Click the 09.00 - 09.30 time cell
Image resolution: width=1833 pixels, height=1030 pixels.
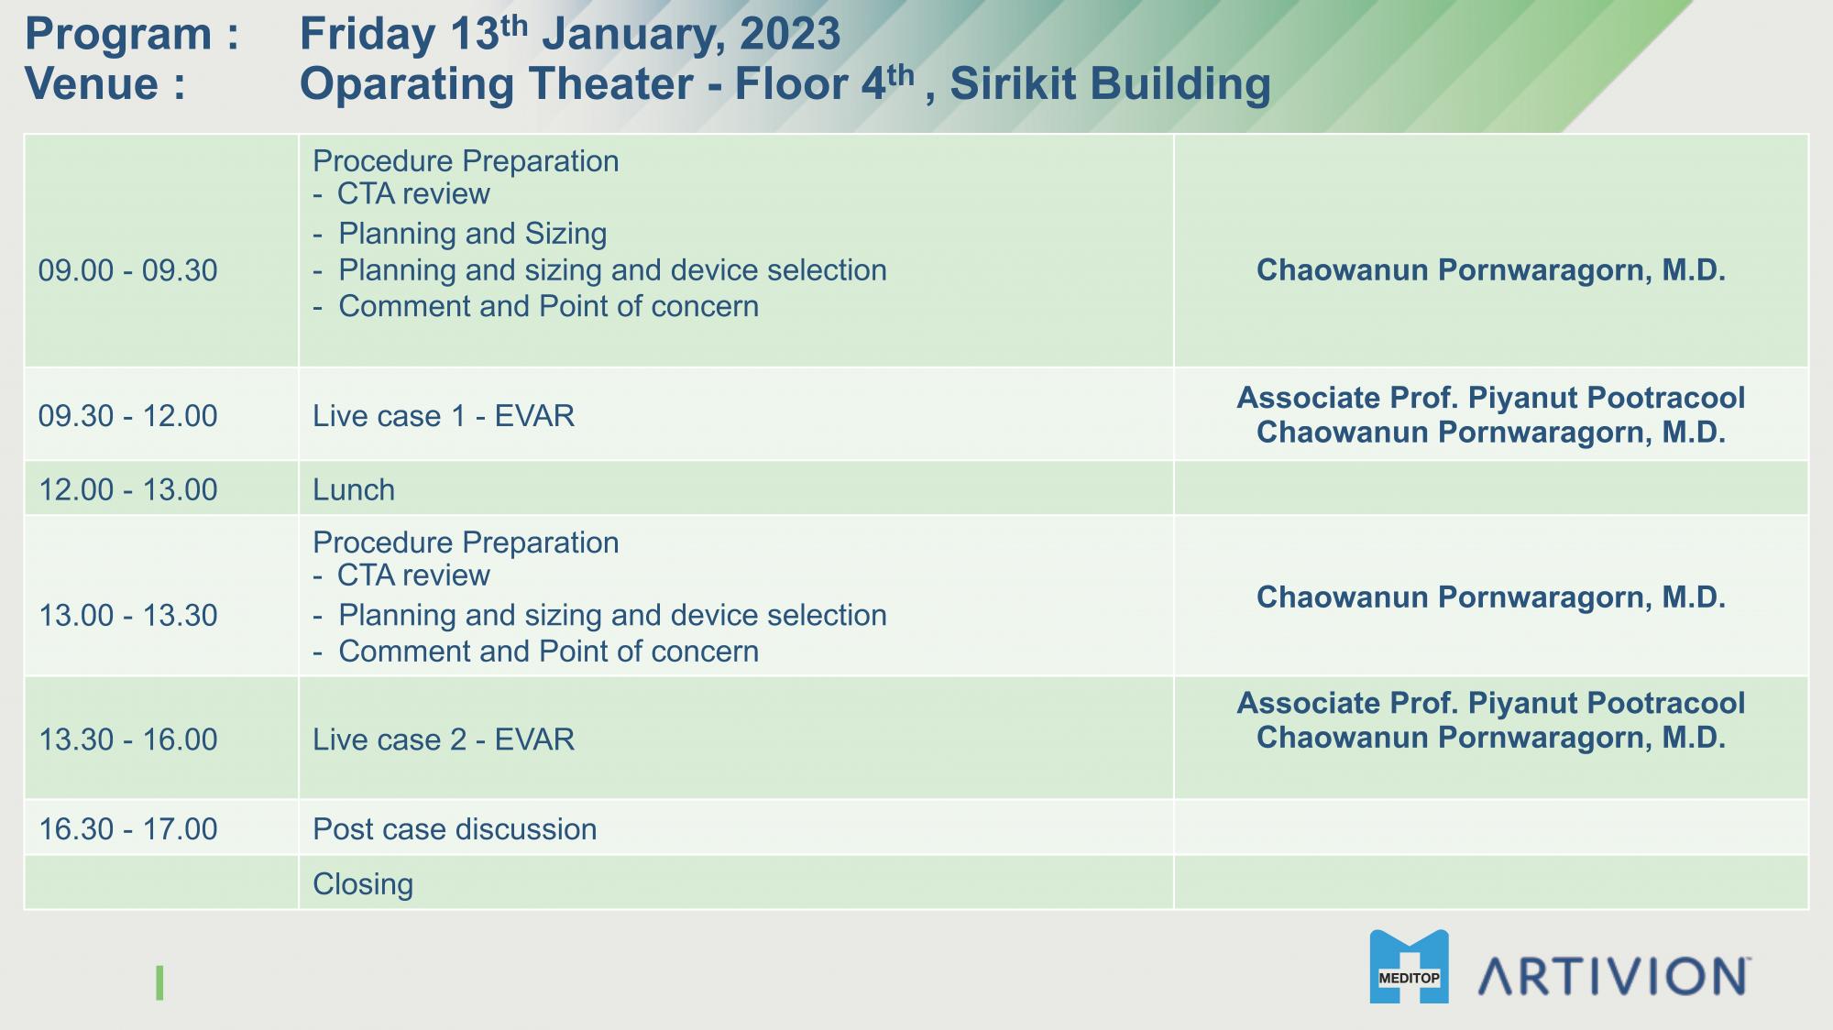click(128, 270)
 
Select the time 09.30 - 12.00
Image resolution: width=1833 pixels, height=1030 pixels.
click(128, 416)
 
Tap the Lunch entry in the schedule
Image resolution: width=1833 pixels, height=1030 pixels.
click(354, 489)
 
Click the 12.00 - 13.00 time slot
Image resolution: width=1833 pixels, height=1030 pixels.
click(128, 489)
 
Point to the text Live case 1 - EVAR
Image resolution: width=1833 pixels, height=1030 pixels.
click(444, 416)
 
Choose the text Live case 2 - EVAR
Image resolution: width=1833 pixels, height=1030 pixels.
click(444, 740)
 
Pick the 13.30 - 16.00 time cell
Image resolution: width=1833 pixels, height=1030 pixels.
click(128, 740)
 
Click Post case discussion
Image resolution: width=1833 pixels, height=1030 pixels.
click(455, 829)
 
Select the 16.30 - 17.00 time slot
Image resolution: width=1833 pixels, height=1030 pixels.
click(128, 829)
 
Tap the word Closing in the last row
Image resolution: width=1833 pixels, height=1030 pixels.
click(363, 884)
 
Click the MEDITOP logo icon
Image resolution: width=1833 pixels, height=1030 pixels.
click(1410, 967)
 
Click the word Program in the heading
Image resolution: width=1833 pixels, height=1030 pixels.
click(119, 35)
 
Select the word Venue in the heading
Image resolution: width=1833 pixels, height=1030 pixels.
click(93, 84)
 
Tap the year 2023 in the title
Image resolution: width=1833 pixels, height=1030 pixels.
click(790, 35)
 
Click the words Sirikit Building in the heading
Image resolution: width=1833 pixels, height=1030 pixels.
click(1111, 84)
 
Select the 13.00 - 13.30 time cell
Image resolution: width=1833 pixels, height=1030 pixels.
click(128, 615)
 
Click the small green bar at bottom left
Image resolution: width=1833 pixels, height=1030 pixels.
click(159, 982)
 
